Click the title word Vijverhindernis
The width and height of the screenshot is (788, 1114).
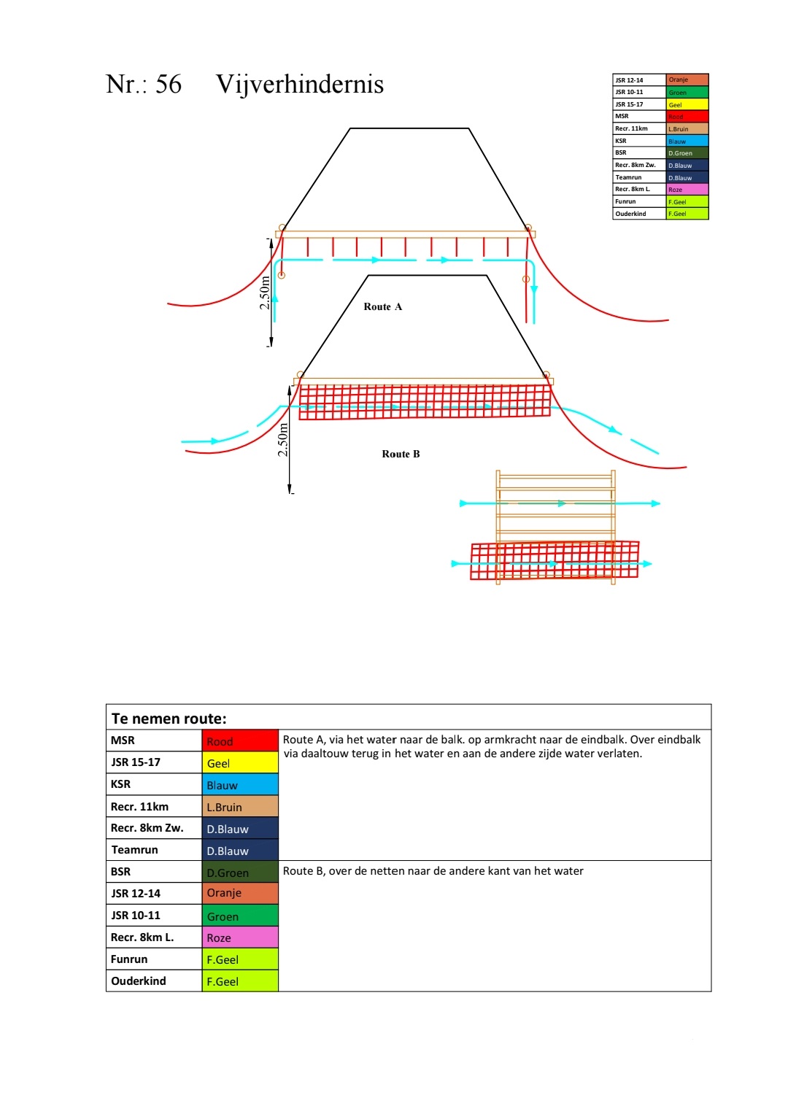click(x=299, y=85)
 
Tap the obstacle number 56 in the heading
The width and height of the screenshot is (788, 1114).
click(x=169, y=85)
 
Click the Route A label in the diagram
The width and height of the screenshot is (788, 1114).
click(x=382, y=307)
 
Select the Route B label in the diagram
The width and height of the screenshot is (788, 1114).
click(x=401, y=455)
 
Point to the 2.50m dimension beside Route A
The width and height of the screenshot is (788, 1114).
click(x=265, y=293)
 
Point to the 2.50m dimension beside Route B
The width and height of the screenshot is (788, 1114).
click(x=283, y=440)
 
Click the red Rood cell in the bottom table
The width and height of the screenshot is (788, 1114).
click(x=240, y=741)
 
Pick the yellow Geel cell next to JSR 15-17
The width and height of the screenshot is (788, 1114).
click(x=240, y=763)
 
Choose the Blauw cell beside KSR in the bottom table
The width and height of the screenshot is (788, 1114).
click(x=240, y=785)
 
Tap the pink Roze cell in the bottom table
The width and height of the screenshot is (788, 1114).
click(x=240, y=937)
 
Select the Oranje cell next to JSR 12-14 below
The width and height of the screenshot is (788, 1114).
click(x=240, y=893)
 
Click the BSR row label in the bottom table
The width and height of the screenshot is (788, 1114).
click(x=121, y=872)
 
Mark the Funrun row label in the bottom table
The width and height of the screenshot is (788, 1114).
click(x=129, y=959)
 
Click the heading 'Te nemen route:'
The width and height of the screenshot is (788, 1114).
click(x=169, y=719)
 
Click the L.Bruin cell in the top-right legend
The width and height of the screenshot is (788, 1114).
click(x=687, y=129)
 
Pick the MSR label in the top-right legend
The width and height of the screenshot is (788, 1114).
click(x=622, y=117)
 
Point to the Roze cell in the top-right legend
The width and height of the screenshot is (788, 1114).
click(x=687, y=190)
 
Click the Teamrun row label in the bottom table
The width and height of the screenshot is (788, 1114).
click(x=134, y=850)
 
